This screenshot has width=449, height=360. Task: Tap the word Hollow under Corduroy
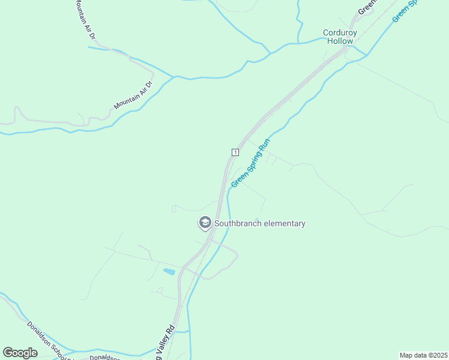click(x=340, y=41)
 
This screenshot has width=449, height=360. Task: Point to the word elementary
click(x=285, y=224)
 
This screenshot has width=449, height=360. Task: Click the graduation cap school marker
click(x=205, y=224)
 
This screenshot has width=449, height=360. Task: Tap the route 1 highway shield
click(x=235, y=152)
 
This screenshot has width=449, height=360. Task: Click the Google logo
click(x=20, y=352)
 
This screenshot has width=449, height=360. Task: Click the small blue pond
click(x=169, y=272)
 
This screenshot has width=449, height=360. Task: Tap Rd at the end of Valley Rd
click(x=171, y=329)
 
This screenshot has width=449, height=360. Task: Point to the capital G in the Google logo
click(x=8, y=352)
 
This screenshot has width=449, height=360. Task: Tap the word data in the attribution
click(x=420, y=355)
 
